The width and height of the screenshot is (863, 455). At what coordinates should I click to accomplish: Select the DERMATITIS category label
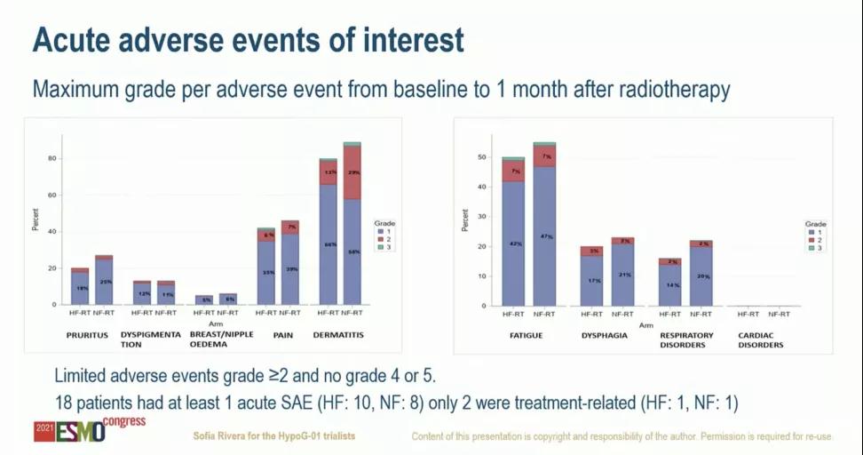coord(338,334)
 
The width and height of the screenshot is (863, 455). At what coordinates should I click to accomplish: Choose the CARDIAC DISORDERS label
coord(761,339)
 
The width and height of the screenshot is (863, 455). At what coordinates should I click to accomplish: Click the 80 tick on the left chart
coord(51,159)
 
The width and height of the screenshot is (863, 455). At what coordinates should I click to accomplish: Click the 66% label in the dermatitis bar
coord(329,244)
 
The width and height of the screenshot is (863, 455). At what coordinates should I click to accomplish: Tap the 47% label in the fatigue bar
coord(545,237)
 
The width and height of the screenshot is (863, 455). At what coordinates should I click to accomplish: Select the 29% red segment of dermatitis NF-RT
coord(352,172)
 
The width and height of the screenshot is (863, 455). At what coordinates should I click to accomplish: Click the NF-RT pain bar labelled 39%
coord(290,268)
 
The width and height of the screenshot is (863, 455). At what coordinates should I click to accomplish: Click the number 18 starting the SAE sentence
coord(63,403)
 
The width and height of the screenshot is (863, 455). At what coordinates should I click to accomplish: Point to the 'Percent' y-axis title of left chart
coord(36,220)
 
